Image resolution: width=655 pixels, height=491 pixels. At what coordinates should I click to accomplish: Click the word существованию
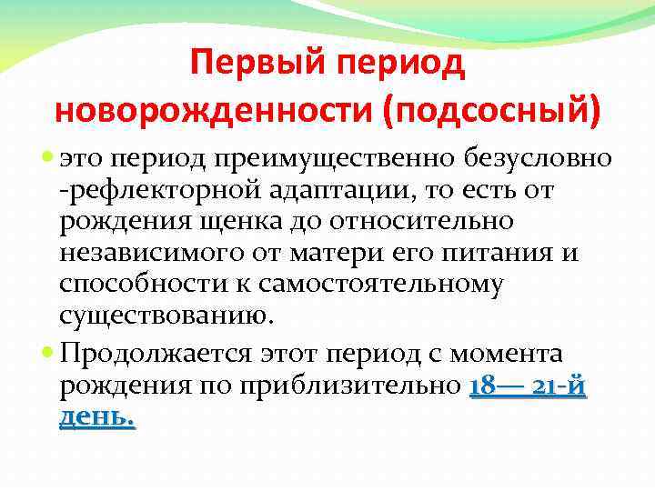pyautogui.click(x=165, y=316)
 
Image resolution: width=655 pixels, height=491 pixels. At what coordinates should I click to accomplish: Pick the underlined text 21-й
pyautogui.click(x=558, y=385)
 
